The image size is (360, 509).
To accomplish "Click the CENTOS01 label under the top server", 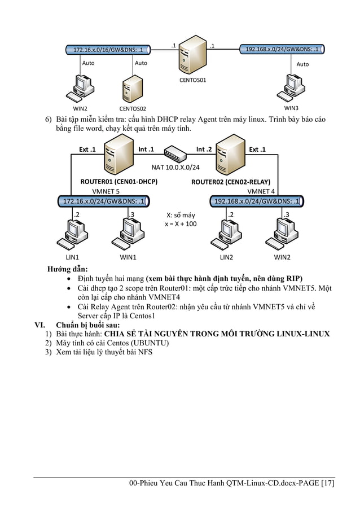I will (x=192, y=80).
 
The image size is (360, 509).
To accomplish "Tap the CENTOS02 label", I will (x=133, y=108).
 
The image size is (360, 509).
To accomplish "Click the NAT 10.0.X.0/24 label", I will (x=176, y=167).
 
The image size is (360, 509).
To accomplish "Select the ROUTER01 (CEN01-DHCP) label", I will (x=118, y=182).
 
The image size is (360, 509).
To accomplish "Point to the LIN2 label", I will (x=226, y=257).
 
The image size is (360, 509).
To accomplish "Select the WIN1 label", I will (x=129, y=257).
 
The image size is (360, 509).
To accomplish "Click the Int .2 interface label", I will (x=204, y=150).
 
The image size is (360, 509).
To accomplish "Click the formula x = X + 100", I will (x=181, y=224).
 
